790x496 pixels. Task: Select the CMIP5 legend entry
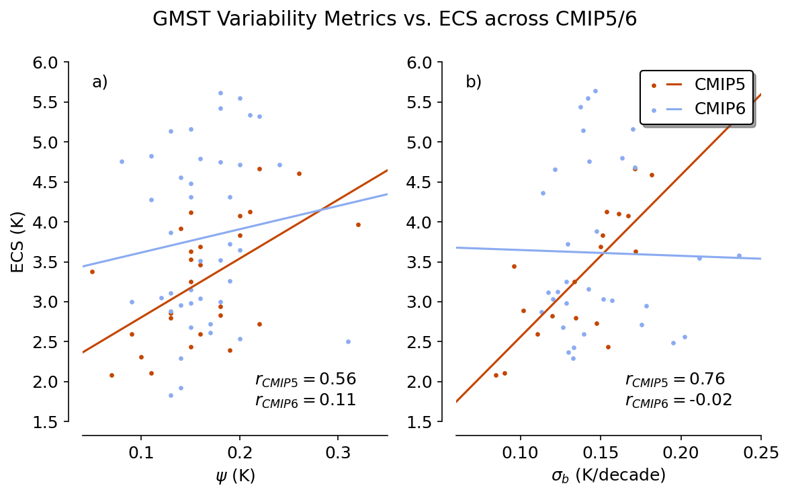[x=719, y=85]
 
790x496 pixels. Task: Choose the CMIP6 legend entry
[x=719, y=110]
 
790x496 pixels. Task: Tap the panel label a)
[x=100, y=82]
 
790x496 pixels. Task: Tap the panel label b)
[x=474, y=82]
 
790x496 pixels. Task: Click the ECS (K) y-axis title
[x=18, y=241]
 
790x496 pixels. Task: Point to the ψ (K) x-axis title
[x=235, y=477]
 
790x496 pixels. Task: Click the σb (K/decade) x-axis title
[x=608, y=477]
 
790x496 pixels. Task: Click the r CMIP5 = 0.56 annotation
[x=305, y=380]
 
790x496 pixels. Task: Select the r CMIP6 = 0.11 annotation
[x=305, y=401]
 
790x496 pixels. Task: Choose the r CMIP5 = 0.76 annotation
[x=674, y=380]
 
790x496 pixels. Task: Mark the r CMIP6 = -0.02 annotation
[x=678, y=401]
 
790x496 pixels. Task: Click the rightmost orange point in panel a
[x=358, y=224]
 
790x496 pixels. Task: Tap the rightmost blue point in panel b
[x=739, y=255]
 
